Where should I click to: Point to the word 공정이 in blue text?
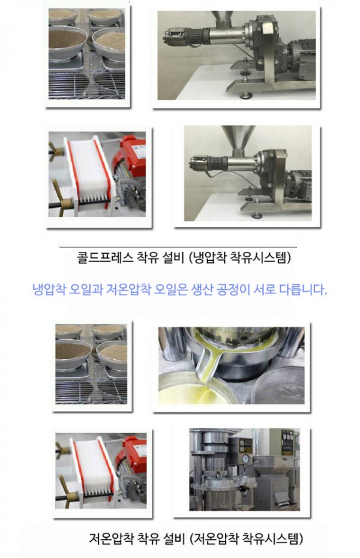click(247, 289)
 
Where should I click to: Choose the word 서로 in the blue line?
click(278, 289)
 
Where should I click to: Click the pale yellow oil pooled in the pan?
click(192, 393)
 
